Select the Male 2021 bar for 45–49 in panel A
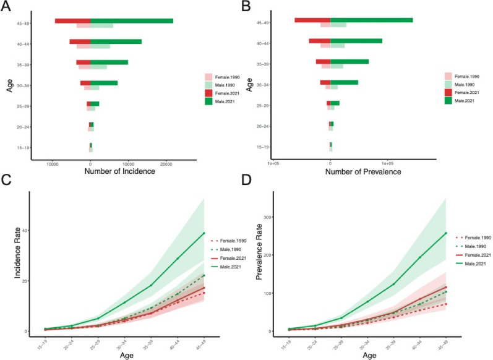(132, 21)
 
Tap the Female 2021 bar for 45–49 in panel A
(72, 21)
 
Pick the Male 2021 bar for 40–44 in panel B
(356, 41)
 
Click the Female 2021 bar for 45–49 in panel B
(312, 20)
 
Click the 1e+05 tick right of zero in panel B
(388, 164)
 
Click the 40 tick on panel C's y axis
(24, 230)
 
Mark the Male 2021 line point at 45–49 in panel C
(204, 233)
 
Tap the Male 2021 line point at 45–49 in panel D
(446, 233)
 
